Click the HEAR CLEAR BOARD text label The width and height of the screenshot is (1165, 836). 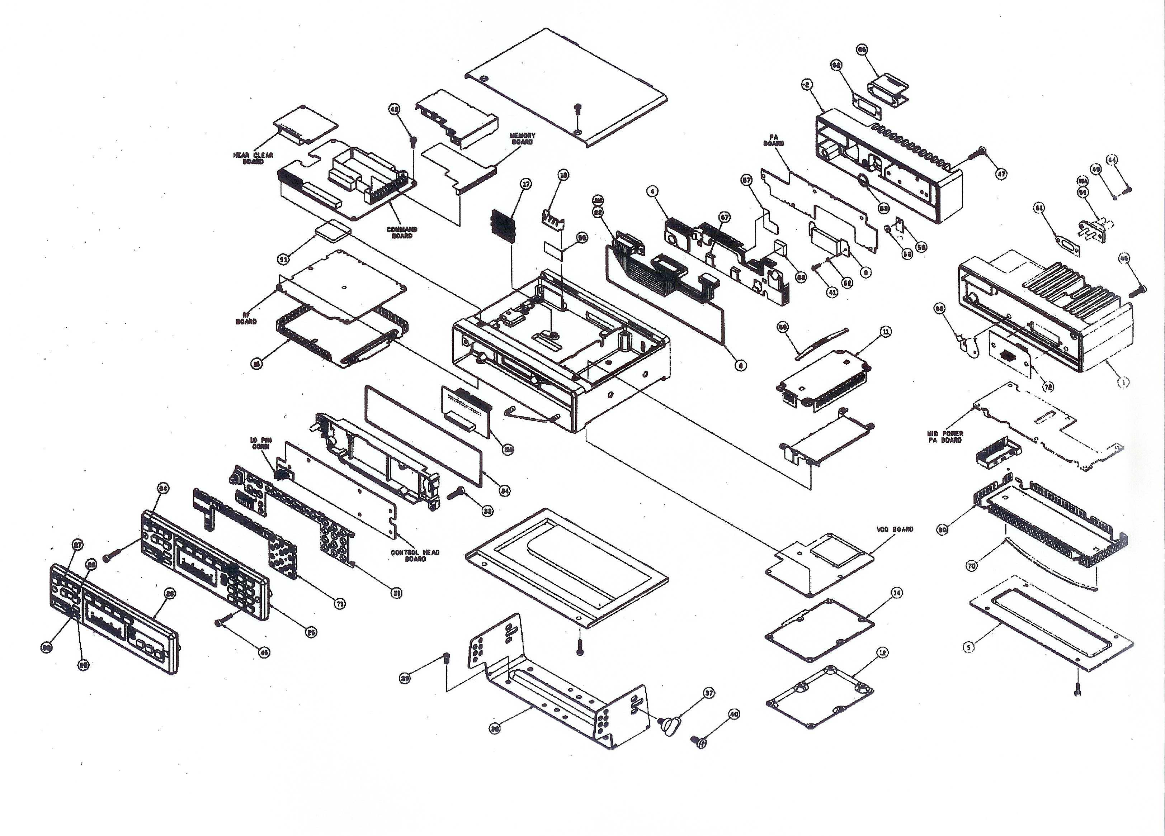coord(253,158)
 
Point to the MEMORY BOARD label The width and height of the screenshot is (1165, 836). coord(522,139)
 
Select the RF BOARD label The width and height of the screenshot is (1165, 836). coord(246,318)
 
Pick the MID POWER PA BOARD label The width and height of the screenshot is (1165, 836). coord(945,437)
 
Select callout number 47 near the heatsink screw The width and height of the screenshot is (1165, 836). coord(1001,174)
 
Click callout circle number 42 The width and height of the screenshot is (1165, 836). coord(395,109)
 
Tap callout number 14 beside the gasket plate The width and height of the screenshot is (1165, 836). coord(896,593)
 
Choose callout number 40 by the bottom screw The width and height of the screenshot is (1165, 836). coord(734,714)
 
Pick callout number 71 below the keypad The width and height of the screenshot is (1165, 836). coord(339,604)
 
